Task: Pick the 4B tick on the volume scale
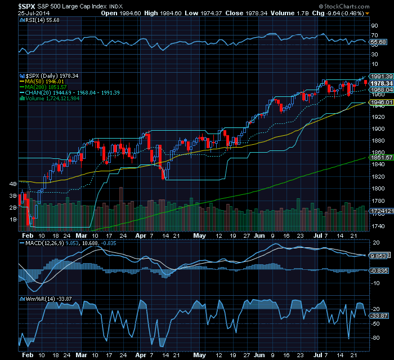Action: (x=12, y=184)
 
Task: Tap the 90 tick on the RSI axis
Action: (x=374, y=26)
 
